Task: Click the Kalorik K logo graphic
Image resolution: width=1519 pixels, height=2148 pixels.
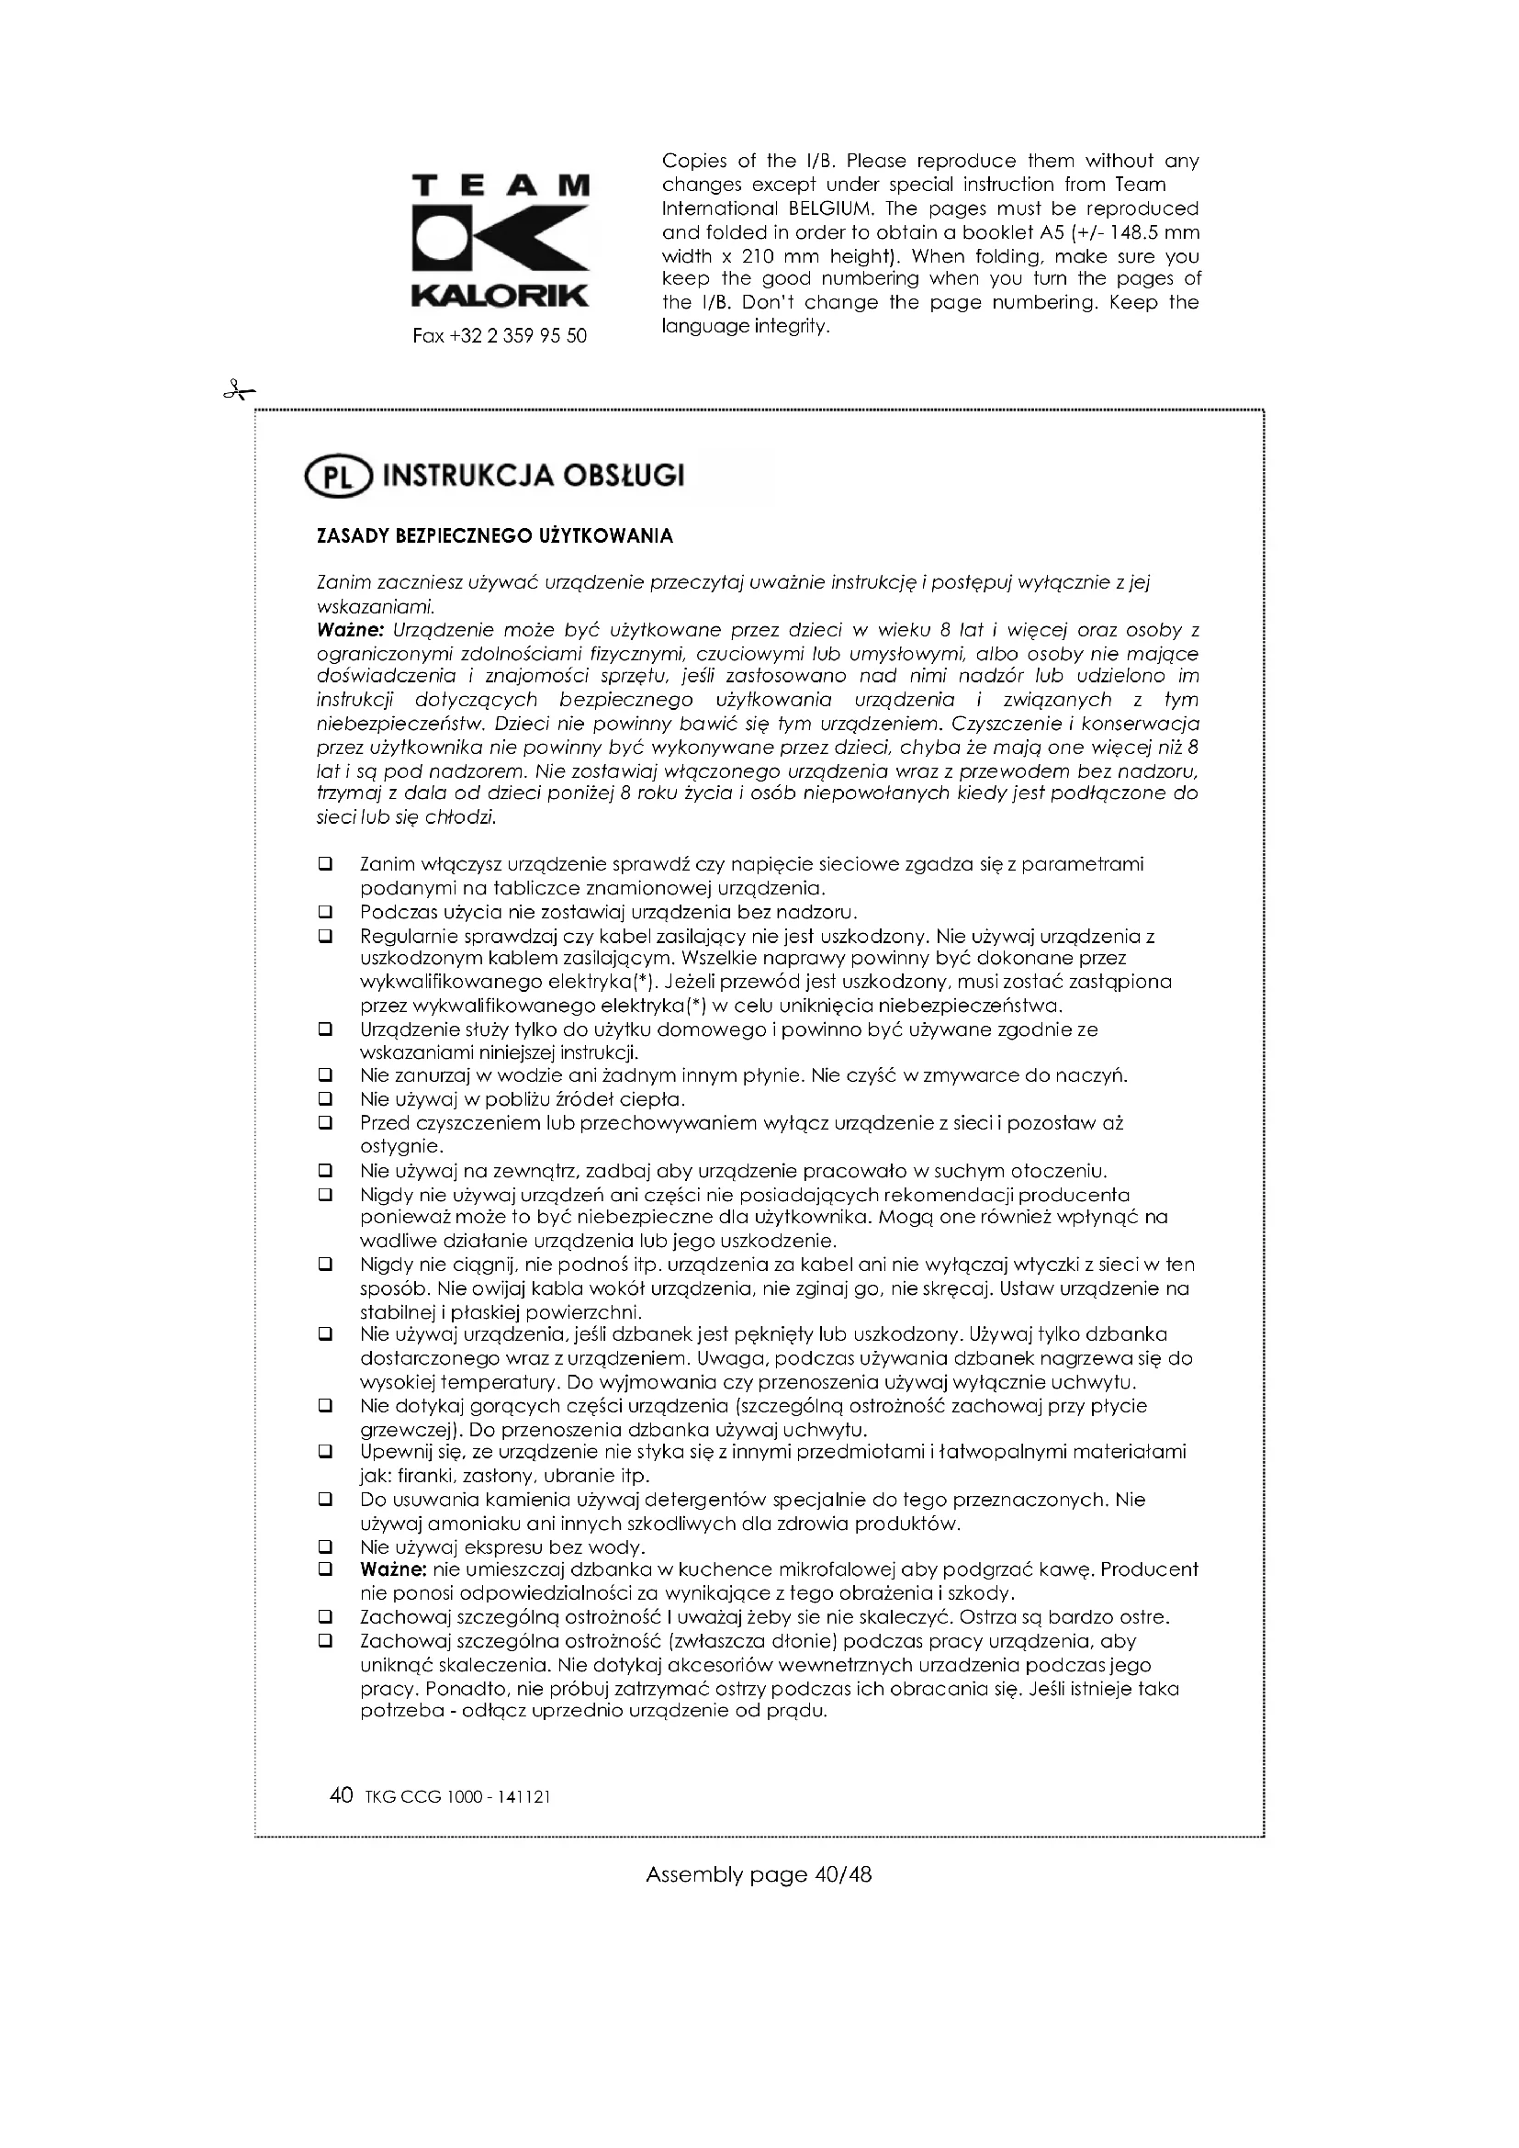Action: click(x=501, y=242)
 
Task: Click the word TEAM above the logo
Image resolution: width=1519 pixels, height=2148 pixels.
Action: click(x=501, y=186)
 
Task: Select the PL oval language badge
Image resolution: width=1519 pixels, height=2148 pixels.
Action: click(x=337, y=478)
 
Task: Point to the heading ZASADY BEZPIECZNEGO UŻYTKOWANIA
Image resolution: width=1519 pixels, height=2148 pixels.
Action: click(x=495, y=537)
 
